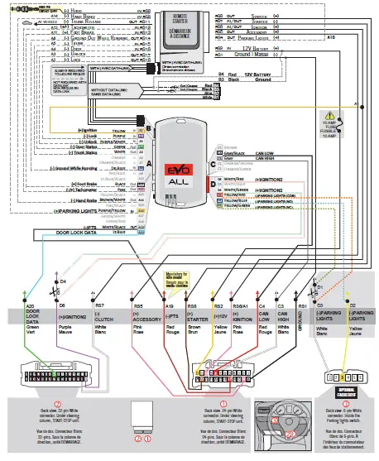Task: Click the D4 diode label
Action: (x=63, y=281)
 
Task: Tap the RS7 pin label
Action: (x=100, y=306)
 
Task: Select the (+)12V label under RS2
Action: (x=220, y=315)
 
